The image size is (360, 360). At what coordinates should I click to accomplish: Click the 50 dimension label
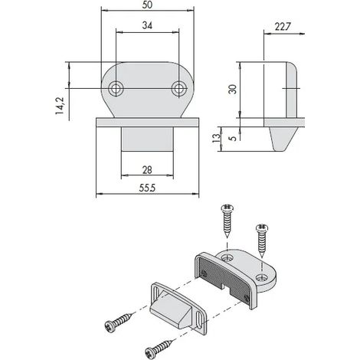coord(147,5)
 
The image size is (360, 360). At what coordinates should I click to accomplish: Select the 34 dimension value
coord(147,25)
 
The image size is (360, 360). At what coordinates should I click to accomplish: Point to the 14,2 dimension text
coord(60,106)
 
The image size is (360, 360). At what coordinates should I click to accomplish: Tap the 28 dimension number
coord(147,170)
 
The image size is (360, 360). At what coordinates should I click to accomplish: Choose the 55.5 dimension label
coord(147,188)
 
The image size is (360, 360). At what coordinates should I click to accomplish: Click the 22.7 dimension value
coord(283,27)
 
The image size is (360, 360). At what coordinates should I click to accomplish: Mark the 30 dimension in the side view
coord(233,90)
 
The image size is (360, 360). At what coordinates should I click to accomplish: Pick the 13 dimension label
coord(216,138)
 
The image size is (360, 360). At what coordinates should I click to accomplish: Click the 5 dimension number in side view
coord(233,139)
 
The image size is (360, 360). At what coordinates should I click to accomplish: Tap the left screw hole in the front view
coord(116,89)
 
